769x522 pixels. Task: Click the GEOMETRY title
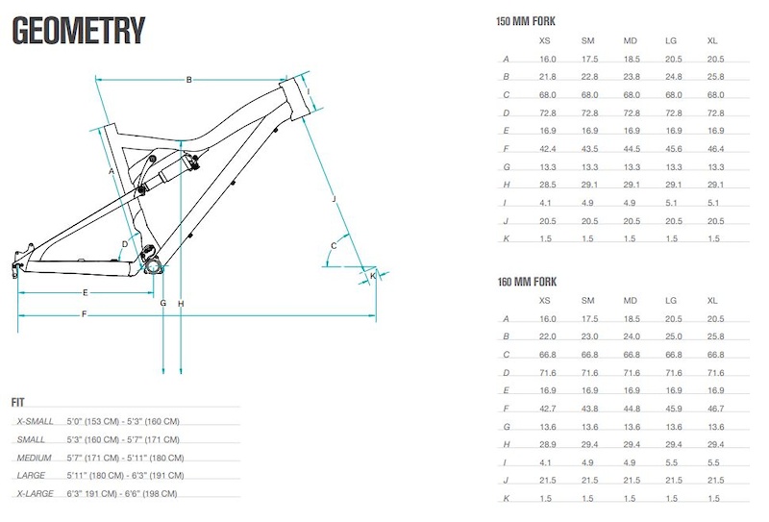click(79, 31)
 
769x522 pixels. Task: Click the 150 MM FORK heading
click(525, 21)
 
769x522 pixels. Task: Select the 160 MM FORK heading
click(527, 282)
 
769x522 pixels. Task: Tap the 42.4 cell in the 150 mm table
click(547, 149)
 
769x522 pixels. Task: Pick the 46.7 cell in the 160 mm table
click(715, 409)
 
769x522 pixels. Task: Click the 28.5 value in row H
click(547, 185)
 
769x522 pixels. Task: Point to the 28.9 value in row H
click(547, 444)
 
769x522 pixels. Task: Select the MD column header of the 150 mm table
click(630, 40)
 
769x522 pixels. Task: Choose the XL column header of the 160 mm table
click(712, 300)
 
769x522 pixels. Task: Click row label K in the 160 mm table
click(507, 499)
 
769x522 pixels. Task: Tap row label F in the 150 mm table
click(507, 149)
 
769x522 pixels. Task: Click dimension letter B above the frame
click(188, 80)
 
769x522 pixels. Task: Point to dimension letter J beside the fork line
click(334, 199)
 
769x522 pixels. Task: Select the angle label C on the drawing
click(334, 246)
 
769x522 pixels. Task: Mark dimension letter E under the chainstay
click(85, 292)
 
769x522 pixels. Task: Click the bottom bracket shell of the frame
click(153, 267)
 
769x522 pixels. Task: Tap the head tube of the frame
click(296, 97)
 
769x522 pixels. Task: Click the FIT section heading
click(17, 402)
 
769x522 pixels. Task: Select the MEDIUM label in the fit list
click(34, 458)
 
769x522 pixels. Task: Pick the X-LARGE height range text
click(122, 493)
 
